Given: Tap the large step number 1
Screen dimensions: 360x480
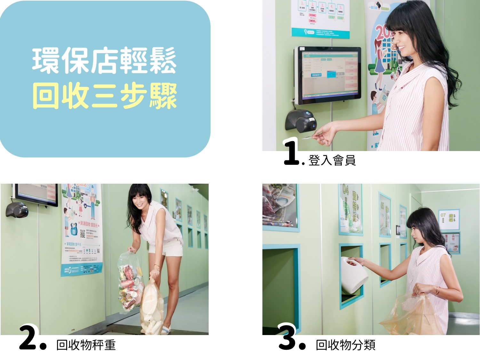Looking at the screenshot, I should click(x=292, y=153).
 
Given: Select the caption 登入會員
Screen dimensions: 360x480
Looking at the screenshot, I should click(x=332, y=160).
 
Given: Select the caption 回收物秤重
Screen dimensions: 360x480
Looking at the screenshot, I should click(x=86, y=345).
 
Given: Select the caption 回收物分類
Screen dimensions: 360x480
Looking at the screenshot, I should click(x=345, y=345).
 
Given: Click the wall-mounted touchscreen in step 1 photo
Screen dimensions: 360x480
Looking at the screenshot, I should click(x=328, y=75).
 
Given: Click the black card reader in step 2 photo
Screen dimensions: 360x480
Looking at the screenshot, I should click(x=17, y=210).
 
